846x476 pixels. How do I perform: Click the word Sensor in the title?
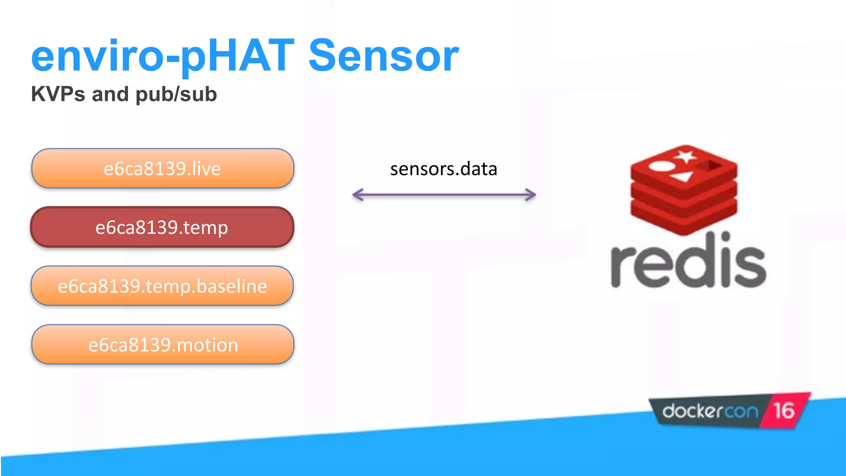[x=383, y=56]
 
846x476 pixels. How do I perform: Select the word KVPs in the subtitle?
[x=58, y=94]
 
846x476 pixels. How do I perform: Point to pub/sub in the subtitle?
[x=176, y=95]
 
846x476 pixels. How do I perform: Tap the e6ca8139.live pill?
[x=162, y=169]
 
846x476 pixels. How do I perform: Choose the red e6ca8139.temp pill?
[x=162, y=227]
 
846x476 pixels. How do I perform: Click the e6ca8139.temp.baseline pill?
[x=162, y=286]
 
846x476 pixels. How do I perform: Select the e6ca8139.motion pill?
[x=163, y=345]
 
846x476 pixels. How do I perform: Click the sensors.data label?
[x=444, y=169]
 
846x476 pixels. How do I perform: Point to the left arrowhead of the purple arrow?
[x=357, y=195]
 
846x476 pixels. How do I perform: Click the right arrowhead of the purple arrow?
[x=531, y=195]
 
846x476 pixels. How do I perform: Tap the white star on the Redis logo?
[x=685, y=157]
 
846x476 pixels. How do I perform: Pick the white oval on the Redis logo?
[x=661, y=166]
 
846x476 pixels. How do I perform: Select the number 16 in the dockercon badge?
[x=784, y=411]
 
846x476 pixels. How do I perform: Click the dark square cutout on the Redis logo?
[x=710, y=166]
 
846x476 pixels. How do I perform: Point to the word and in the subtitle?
[x=110, y=94]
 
